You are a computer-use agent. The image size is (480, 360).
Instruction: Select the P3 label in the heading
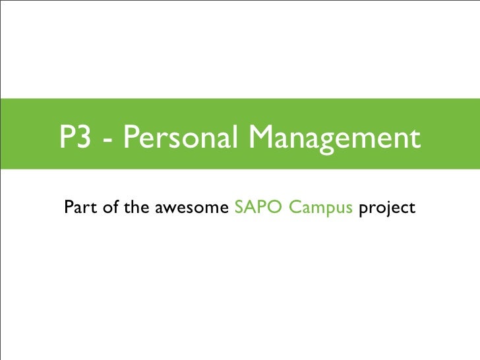coord(74,138)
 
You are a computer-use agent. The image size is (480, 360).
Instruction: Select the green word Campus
coord(319,210)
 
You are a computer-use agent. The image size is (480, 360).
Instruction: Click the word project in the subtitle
coord(388,210)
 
